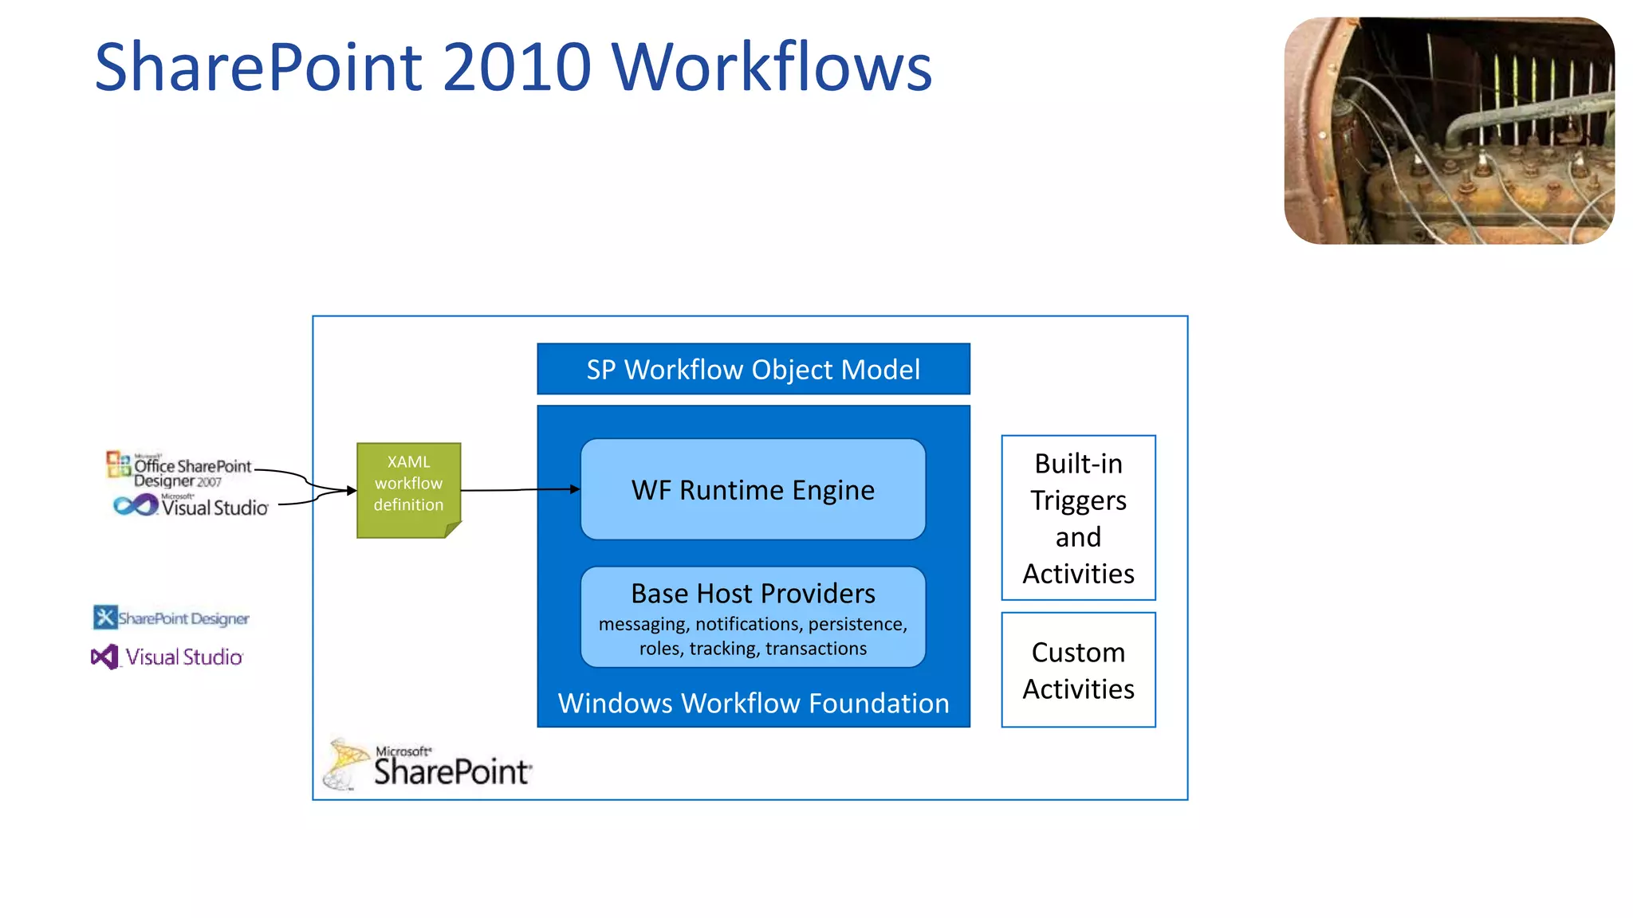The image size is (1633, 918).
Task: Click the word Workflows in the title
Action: (x=772, y=67)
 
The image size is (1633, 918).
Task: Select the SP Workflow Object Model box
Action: (x=753, y=369)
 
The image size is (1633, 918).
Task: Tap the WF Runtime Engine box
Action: (x=753, y=489)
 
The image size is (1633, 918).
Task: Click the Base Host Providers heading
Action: (x=753, y=594)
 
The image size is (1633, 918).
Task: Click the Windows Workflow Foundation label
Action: (x=753, y=703)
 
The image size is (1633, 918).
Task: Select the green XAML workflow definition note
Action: (x=408, y=484)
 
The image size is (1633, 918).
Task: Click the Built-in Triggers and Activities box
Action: (x=1078, y=518)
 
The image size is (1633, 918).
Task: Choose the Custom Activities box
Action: (x=1078, y=670)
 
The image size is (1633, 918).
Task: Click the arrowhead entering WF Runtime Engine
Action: (x=575, y=489)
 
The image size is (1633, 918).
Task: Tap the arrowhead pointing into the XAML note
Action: (x=351, y=490)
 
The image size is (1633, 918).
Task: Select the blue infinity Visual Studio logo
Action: (x=136, y=505)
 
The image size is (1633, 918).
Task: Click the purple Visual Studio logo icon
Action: (x=104, y=657)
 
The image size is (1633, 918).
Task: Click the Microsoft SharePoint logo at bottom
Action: (x=429, y=765)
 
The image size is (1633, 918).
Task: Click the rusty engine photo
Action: (x=1449, y=131)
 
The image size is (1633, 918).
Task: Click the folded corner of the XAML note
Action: (x=452, y=529)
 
